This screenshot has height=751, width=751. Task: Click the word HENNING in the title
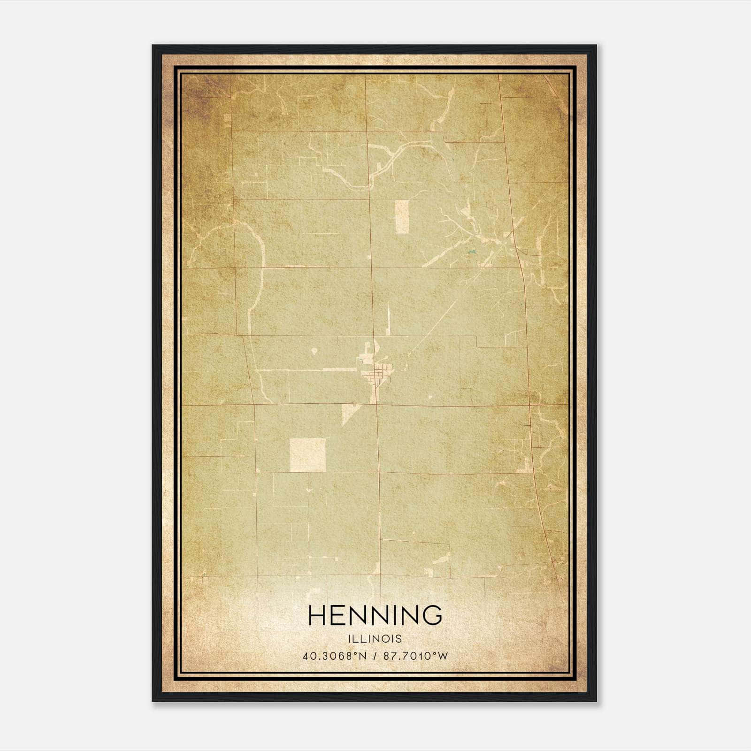tap(375, 615)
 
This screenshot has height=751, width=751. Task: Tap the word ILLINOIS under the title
tap(375, 639)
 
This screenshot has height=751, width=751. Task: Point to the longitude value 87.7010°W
tap(416, 656)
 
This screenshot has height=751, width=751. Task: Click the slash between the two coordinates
tap(375, 656)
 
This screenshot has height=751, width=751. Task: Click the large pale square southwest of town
tap(308, 455)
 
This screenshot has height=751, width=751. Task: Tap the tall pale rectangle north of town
tap(402, 216)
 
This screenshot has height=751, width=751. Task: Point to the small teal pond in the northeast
tap(471, 255)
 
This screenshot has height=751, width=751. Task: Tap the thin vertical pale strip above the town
tap(388, 319)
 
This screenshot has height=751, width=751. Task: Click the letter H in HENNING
tap(317, 615)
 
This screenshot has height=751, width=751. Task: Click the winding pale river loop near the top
tap(371, 169)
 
